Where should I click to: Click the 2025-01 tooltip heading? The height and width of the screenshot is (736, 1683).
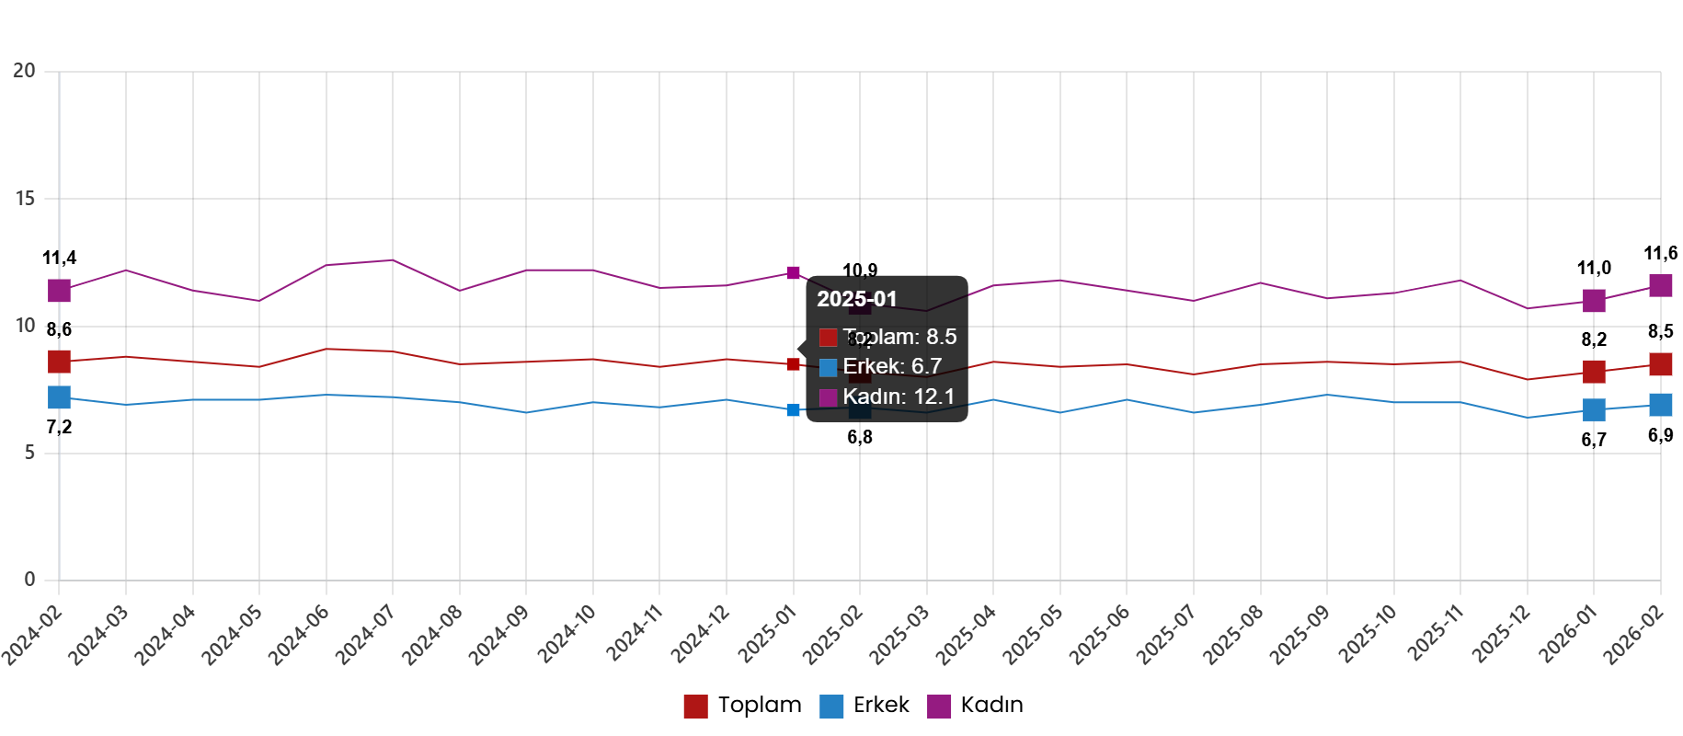coord(856,299)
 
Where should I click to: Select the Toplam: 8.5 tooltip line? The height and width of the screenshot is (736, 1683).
coord(899,337)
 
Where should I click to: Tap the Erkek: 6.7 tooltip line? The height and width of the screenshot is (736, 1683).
coord(891,366)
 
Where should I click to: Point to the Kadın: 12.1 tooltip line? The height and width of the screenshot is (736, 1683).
coord(898,397)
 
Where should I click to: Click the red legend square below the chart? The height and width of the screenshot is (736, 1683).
coord(695,707)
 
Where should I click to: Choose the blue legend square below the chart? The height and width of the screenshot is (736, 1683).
coord(831,707)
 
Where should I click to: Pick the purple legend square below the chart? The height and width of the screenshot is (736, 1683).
coord(939,707)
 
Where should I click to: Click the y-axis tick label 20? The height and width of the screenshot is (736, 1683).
coord(24,71)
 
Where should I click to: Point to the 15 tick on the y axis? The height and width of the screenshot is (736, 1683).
coord(25,198)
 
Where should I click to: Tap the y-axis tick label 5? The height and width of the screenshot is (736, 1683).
coord(29,452)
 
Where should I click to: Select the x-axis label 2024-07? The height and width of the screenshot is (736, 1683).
coord(365,634)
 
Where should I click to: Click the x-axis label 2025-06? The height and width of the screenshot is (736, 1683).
coord(1100,634)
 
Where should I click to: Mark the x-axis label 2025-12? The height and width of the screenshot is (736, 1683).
coord(1502,634)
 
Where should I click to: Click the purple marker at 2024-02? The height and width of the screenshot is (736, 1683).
coord(59,291)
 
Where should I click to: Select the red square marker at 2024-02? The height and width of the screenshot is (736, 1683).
coord(59,361)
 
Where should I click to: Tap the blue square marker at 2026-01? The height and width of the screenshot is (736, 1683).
coord(1594,409)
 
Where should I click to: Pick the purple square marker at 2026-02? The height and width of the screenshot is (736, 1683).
coord(1660,285)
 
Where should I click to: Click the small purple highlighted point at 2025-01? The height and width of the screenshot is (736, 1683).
coord(793,273)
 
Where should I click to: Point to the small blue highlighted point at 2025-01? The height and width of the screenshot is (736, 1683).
coord(793,409)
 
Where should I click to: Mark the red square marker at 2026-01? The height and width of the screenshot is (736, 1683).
coord(1594,372)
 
